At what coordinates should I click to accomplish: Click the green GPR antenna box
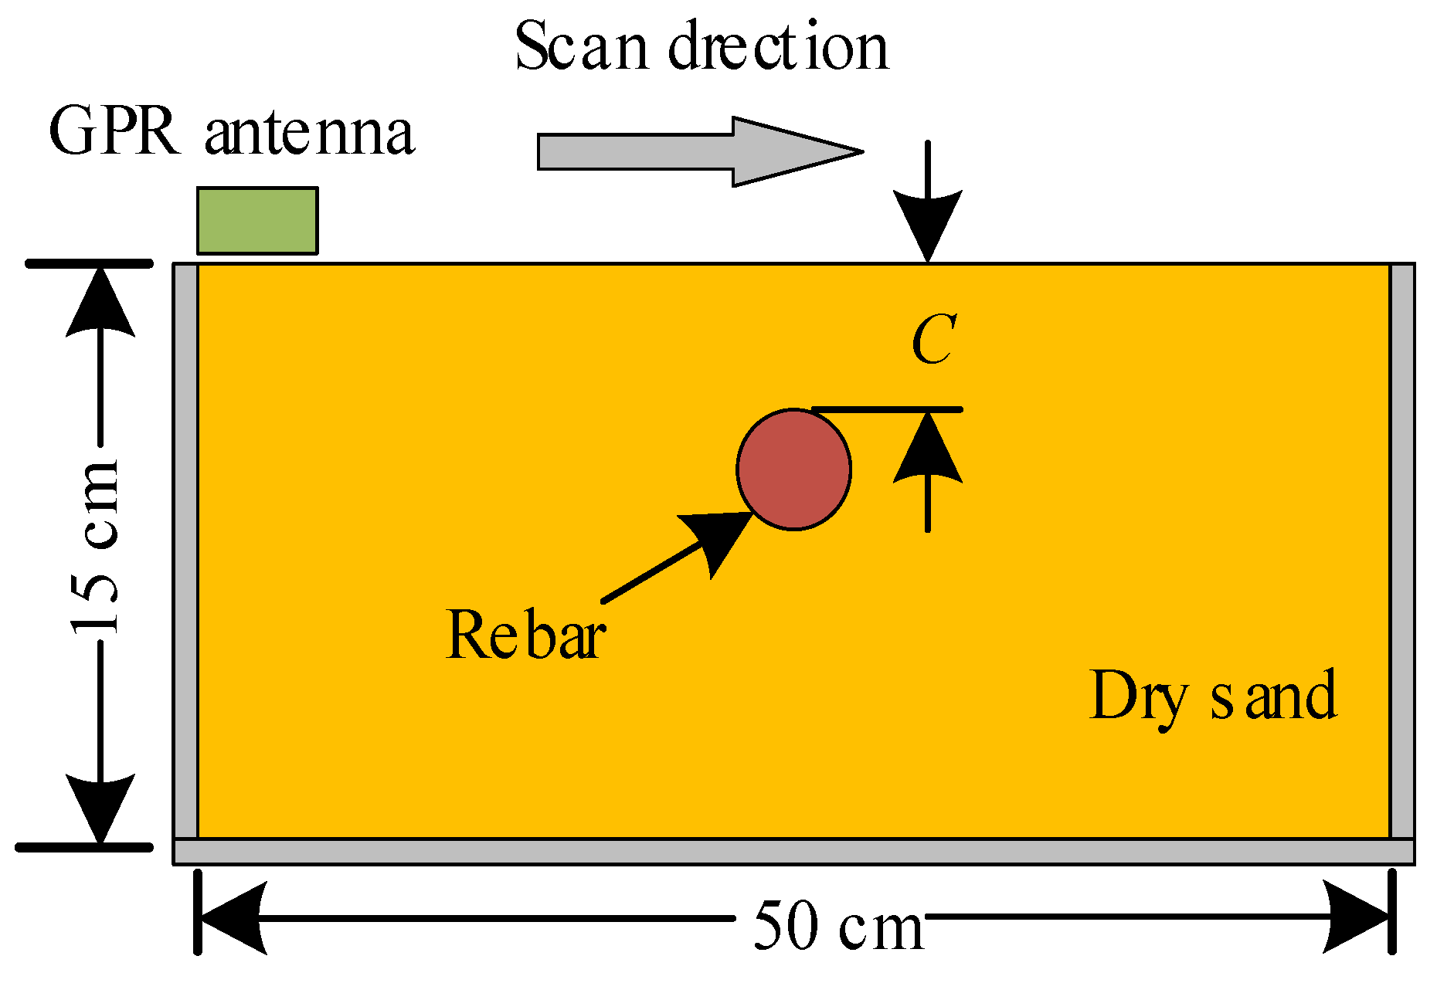[256, 220]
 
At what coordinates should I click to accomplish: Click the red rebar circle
[793, 469]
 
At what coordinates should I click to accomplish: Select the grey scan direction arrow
[695, 151]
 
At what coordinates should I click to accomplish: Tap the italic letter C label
[934, 340]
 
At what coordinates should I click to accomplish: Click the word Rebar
[525, 635]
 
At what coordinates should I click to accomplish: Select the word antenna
[311, 133]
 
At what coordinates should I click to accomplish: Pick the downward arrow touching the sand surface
[928, 208]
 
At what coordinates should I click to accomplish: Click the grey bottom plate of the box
[793, 851]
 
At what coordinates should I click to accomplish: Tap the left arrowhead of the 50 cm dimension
[232, 917]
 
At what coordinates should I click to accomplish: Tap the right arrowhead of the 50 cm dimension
[1358, 917]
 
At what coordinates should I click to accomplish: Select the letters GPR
[114, 133]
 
